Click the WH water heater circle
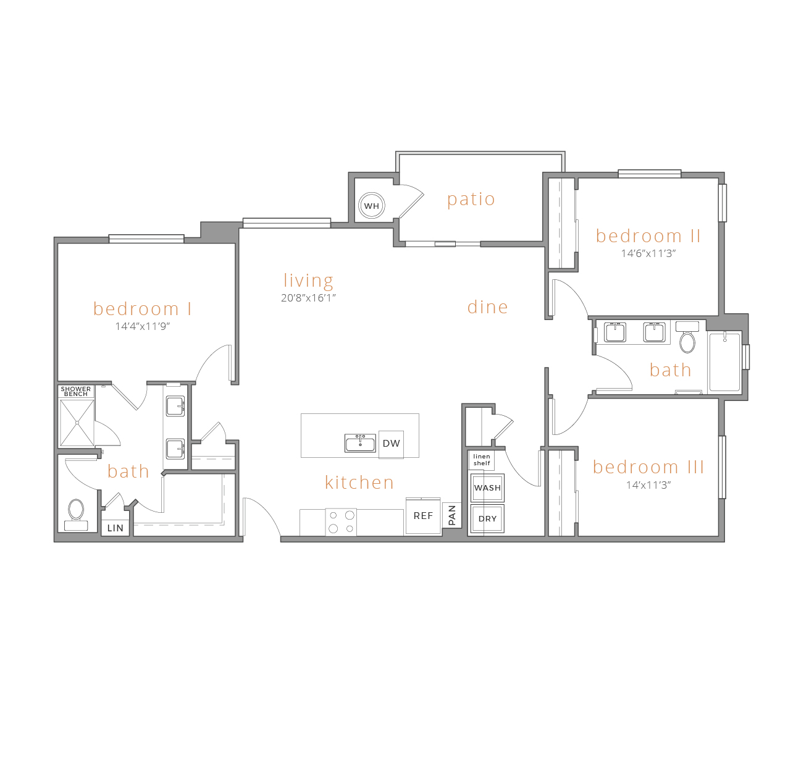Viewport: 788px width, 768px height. [x=371, y=205]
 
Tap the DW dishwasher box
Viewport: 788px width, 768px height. [x=391, y=444]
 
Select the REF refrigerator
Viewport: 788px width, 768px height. [x=423, y=515]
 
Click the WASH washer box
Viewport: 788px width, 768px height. [x=487, y=487]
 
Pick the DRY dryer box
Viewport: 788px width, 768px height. [x=487, y=518]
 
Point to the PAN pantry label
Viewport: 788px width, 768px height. [x=452, y=515]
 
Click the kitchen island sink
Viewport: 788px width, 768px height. [x=360, y=443]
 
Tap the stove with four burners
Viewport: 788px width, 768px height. [x=341, y=521]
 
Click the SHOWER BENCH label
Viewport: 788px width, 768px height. [x=76, y=391]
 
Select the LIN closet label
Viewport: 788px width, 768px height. [x=115, y=528]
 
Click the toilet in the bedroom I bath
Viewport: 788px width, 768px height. [x=76, y=515]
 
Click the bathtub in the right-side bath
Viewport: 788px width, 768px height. [x=724, y=361]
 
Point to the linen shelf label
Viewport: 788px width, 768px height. [x=482, y=460]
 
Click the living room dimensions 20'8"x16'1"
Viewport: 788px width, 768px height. [x=308, y=298]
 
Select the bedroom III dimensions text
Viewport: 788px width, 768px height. [x=648, y=485]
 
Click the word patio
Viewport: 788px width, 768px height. [x=471, y=200]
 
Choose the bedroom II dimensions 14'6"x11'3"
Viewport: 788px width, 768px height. [x=648, y=253]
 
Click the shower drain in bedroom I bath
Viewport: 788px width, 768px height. [x=77, y=423]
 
